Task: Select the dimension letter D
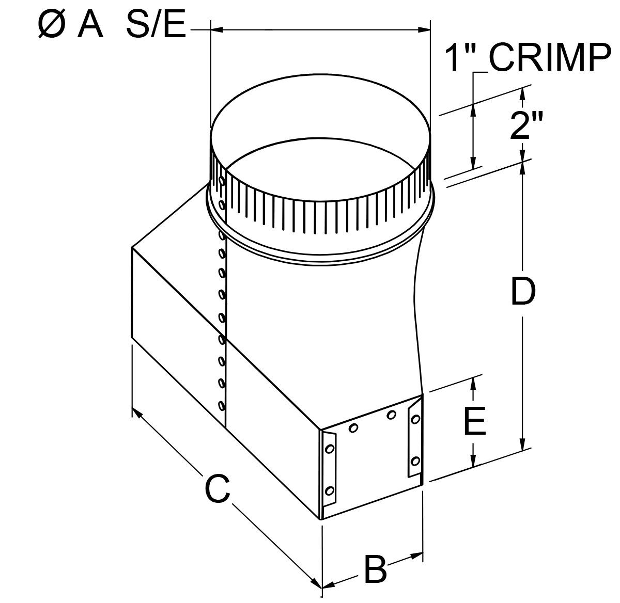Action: point(523,292)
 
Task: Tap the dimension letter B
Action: point(375,569)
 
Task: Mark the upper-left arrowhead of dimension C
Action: point(137,412)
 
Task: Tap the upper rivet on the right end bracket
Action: point(415,420)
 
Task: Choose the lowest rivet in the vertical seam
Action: point(222,405)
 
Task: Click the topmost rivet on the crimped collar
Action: point(221,181)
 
